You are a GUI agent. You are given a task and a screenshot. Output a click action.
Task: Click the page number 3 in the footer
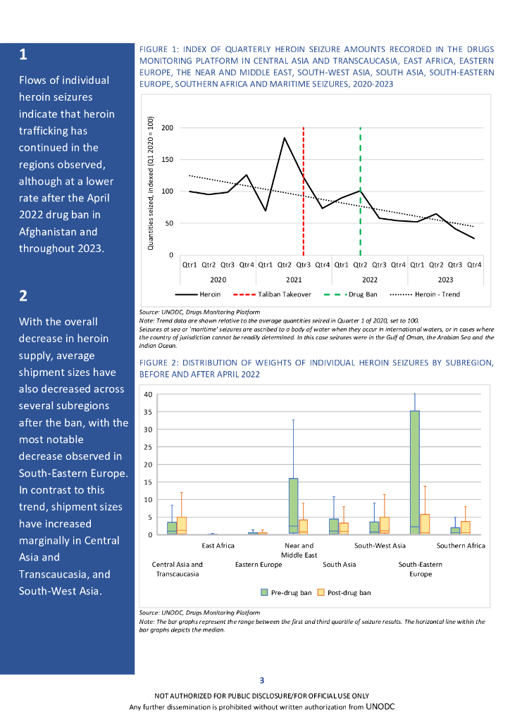[x=262, y=680]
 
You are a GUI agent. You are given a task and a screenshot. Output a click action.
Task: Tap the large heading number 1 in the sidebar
[x=23, y=55]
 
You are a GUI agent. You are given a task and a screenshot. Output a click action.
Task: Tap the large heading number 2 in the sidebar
[x=23, y=296]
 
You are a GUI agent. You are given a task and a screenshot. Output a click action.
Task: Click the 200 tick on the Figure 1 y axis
[x=168, y=127]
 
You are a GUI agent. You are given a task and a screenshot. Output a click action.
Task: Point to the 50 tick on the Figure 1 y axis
[x=170, y=223]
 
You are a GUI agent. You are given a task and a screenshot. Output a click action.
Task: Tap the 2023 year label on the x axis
[x=445, y=280]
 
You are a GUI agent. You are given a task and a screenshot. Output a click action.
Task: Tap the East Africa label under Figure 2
[x=218, y=546]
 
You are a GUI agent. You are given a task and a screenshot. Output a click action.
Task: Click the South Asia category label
[x=339, y=565]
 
